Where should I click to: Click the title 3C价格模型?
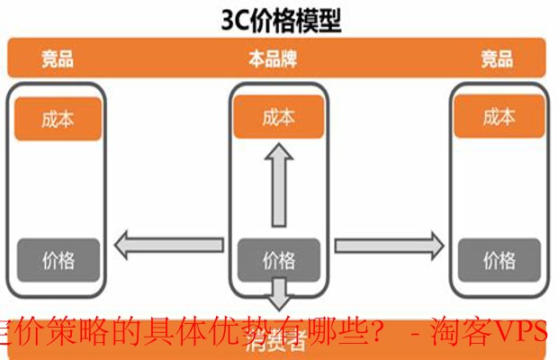pos(279,20)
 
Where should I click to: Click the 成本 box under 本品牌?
pos(278,118)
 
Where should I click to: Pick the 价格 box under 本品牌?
pos(278,260)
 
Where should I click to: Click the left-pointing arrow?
pos(167,242)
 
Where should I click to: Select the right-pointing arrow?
pos(389,242)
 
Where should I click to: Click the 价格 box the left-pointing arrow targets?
pos(58,261)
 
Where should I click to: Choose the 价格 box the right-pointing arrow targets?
pos(499,261)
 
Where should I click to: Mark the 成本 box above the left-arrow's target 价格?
pos(58,119)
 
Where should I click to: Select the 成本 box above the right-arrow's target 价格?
pos(499,117)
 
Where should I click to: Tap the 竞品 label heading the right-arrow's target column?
pos(497,60)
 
